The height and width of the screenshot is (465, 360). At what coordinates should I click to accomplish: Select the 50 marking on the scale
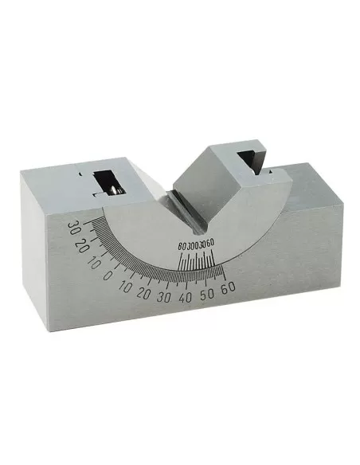[208, 295]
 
